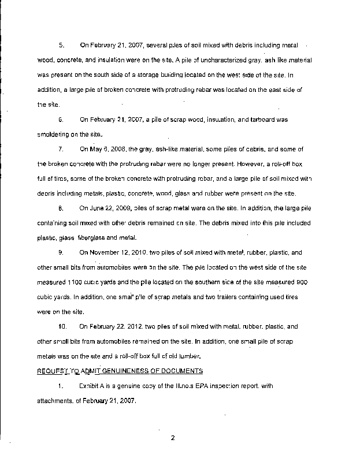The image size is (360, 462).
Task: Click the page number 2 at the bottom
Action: [172, 437]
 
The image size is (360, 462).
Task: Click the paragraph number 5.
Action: [61, 44]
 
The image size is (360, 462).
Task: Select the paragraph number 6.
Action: [61, 120]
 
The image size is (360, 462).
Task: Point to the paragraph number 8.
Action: [61, 207]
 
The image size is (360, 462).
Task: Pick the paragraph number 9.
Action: [61, 252]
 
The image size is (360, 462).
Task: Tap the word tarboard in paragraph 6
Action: [263, 120]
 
